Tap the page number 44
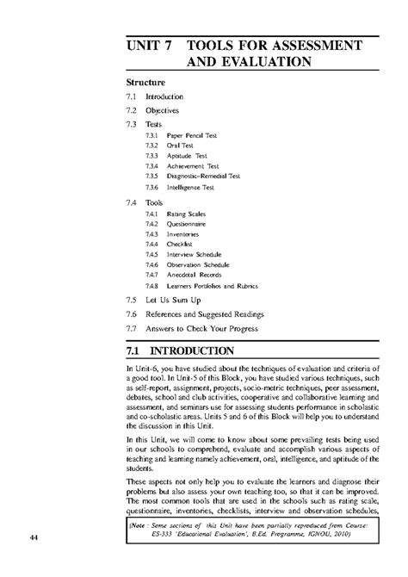[34, 539]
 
